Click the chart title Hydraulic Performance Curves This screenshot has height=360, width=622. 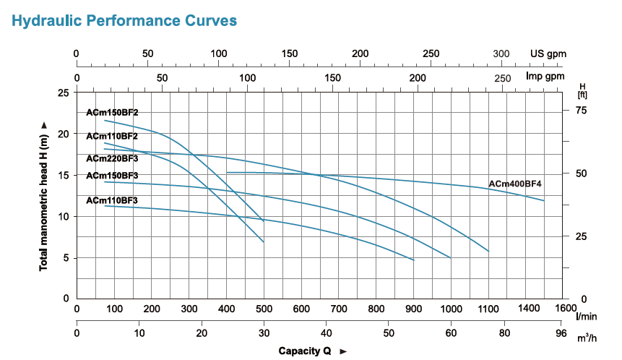point(124,21)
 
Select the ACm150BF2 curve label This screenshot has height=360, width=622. point(112,113)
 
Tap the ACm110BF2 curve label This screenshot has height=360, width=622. point(112,136)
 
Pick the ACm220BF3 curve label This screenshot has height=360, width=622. point(112,158)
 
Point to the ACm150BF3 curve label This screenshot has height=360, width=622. point(112,176)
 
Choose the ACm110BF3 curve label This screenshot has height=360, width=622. point(112,200)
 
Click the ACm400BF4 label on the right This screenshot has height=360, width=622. point(515,184)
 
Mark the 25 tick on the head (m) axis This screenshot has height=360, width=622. point(64,93)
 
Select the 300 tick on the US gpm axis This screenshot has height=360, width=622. point(501,53)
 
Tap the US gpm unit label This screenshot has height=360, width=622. point(548,53)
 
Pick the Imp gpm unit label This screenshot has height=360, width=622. point(545,77)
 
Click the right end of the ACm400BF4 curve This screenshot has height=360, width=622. point(543,200)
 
